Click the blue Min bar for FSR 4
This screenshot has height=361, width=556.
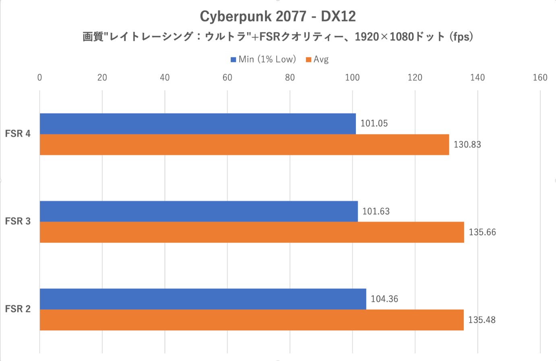click(x=197, y=124)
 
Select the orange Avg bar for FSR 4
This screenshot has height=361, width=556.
click(x=244, y=145)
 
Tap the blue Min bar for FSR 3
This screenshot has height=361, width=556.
click(x=198, y=211)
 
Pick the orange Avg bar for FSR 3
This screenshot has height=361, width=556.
click(x=252, y=232)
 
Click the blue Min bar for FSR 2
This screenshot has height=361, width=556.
click(x=203, y=299)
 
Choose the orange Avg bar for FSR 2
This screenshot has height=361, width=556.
click(x=251, y=320)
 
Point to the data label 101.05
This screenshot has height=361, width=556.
click(x=374, y=124)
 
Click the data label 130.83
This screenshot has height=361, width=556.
click(x=467, y=145)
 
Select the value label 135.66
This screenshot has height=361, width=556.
click(x=482, y=232)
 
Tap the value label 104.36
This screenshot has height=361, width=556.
click(x=384, y=299)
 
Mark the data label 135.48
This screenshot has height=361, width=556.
click(x=482, y=320)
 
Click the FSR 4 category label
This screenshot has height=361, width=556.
click(x=18, y=134)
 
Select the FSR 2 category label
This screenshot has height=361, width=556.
click(x=18, y=309)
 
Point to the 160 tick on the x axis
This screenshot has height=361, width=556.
click(x=540, y=78)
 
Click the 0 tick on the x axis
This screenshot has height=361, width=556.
click(x=39, y=78)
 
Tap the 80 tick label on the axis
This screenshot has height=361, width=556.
click(x=290, y=78)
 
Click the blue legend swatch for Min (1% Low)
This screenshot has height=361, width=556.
click(x=233, y=60)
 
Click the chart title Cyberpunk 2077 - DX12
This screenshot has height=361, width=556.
click(x=278, y=16)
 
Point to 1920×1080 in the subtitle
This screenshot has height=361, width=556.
click(x=384, y=37)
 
